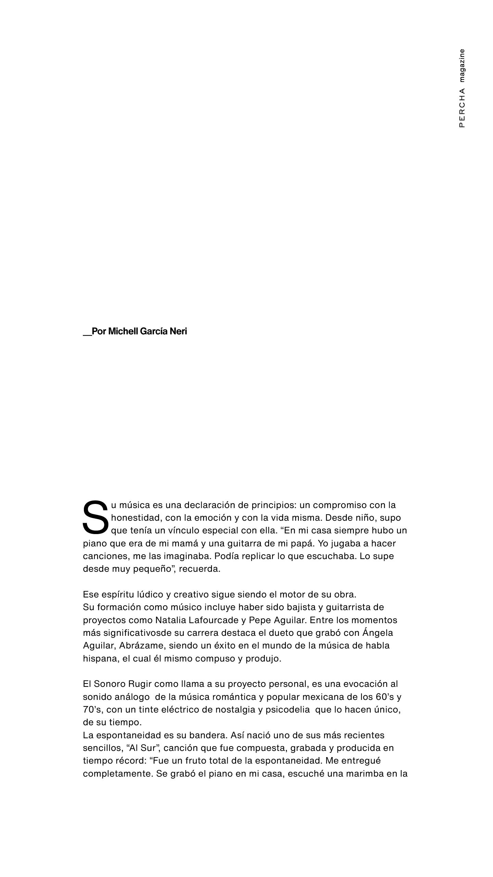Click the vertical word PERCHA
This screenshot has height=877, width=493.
(x=462, y=108)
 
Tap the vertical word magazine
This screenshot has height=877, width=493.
(x=462, y=65)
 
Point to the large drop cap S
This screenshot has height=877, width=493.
(x=96, y=517)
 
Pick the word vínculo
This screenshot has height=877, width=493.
(x=184, y=530)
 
